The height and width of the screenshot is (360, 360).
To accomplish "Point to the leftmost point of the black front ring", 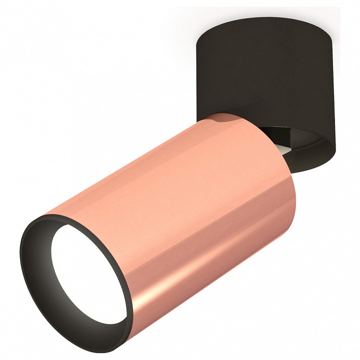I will (x=21, y=260).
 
